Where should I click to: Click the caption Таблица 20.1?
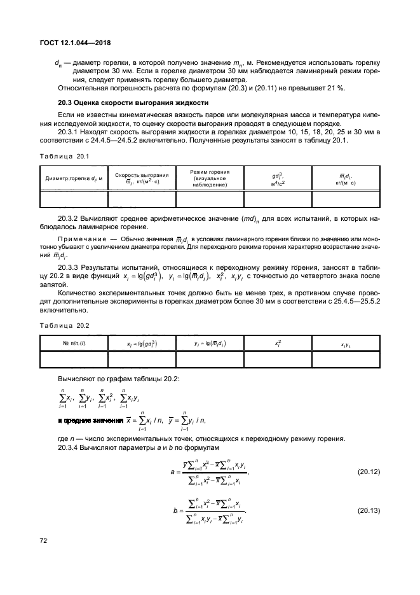coord(62,156)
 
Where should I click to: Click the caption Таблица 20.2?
coord(62,326)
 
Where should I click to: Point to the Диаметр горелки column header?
coord(73,178)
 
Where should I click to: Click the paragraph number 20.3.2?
coord(69,218)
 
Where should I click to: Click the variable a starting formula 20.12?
coord(173,472)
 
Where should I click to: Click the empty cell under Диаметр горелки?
coord(73,199)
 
